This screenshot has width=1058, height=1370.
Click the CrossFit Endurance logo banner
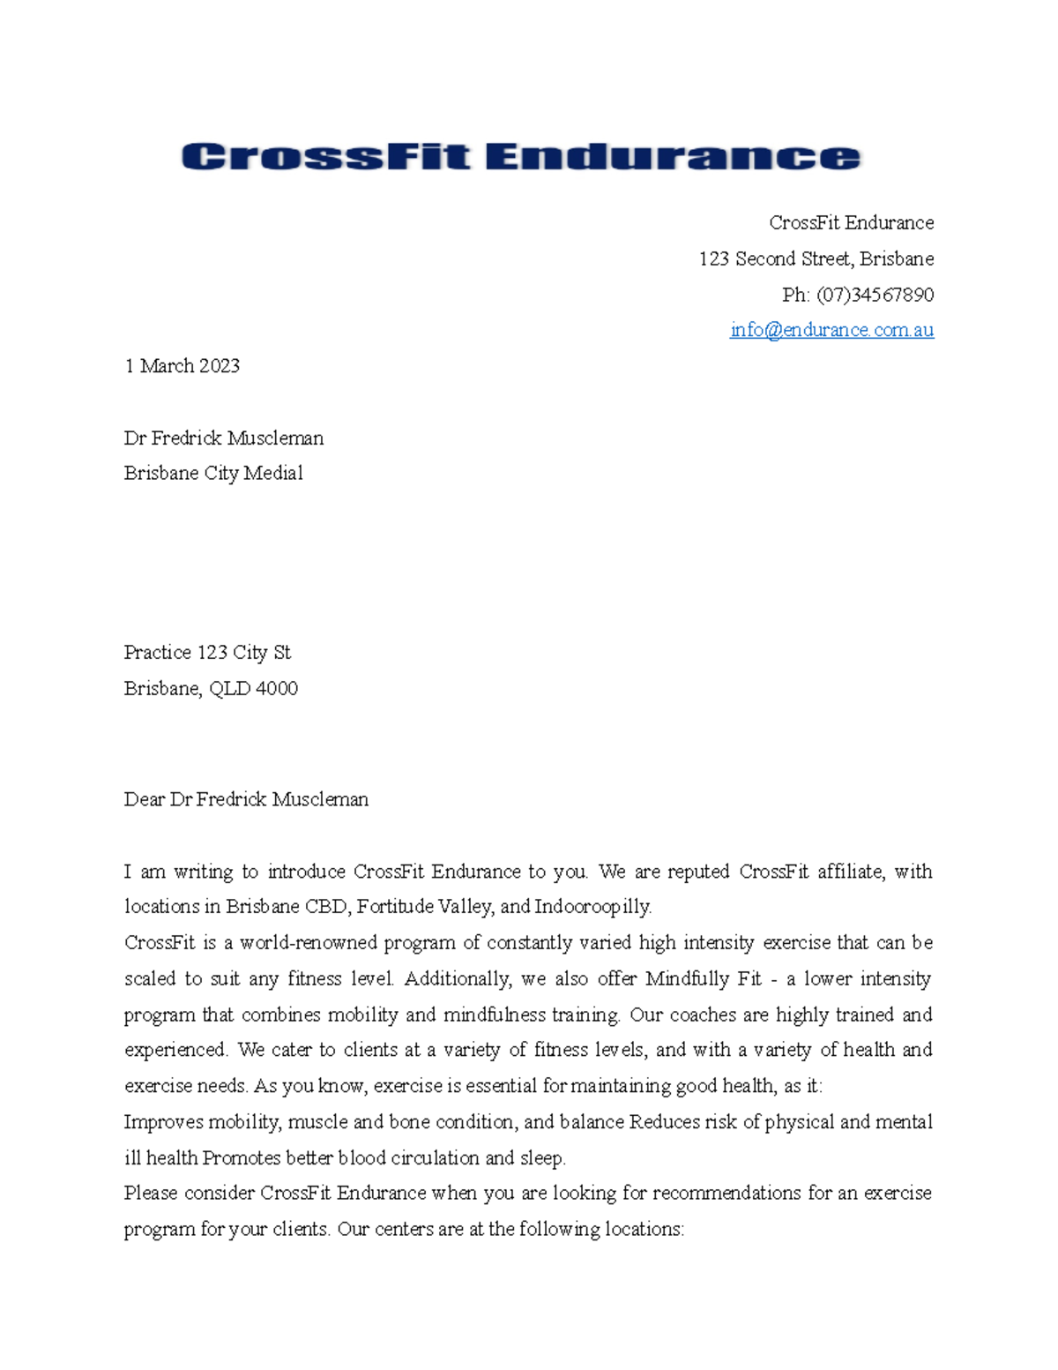pyautogui.click(x=520, y=157)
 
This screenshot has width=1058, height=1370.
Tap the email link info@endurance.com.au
pyautogui.click(x=831, y=330)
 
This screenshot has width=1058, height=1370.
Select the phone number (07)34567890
pyautogui.click(x=875, y=295)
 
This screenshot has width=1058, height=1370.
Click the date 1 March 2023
pyautogui.click(x=182, y=366)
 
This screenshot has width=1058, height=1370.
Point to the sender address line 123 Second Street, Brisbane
pyautogui.click(x=816, y=258)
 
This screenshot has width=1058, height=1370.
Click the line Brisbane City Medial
pyautogui.click(x=213, y=473)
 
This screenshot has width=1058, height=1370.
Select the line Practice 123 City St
pyautogui.click(x=207, y=653)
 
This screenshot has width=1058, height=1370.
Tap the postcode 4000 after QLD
pyautogui.click(x=276, y=688)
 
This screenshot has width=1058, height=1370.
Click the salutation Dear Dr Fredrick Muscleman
pyautogui.click(x=246, y=799)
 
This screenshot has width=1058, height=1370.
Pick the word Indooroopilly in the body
pyautogui.click(x=592, y=907)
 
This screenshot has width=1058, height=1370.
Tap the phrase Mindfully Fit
pyautogui.click(x=703, y=979)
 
